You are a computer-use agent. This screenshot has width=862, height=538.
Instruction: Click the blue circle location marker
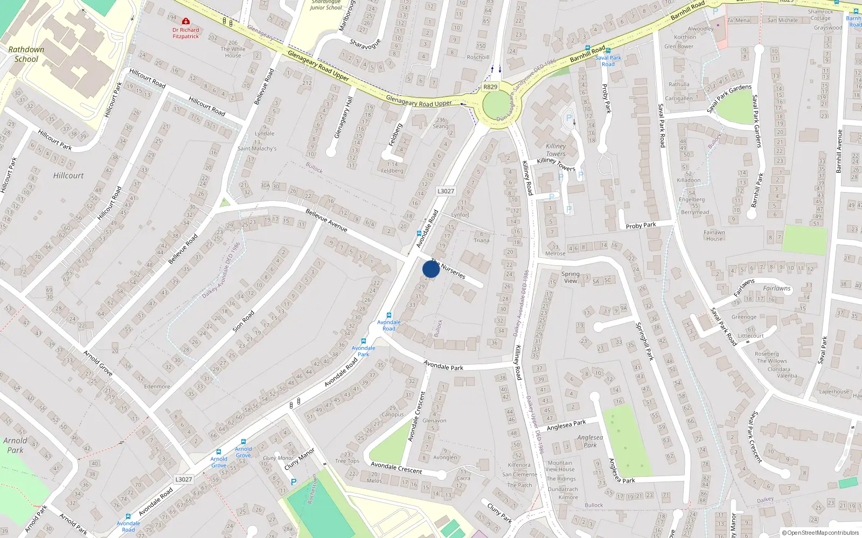click(431, 269)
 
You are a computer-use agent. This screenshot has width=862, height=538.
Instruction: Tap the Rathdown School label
click(26, 54)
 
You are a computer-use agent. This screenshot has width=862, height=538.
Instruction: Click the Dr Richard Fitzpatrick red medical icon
click(186, 21)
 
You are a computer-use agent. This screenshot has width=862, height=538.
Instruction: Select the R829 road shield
click(490, 87)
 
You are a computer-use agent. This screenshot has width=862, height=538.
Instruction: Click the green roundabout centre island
click(498, 105)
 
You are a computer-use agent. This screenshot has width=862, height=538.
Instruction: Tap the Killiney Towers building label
click(555, 150)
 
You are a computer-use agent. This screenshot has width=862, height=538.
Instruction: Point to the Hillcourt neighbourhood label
click(68, 175)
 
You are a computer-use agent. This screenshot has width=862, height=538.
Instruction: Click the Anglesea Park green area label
click(590, 441)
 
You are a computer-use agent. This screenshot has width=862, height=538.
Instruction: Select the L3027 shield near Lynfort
click(446, 191)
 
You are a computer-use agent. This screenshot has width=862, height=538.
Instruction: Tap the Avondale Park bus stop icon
click(364, 341)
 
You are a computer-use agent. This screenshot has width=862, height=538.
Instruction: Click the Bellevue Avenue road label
click(326, 220)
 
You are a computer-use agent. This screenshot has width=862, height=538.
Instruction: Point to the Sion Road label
click(243, 321)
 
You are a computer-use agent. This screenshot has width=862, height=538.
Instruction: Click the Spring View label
click(570, 277)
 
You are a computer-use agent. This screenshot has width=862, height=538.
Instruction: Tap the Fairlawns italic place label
click(776, 288)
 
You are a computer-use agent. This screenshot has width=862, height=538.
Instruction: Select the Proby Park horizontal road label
click(641, 225)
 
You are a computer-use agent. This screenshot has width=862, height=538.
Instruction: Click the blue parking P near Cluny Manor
click(294, 482)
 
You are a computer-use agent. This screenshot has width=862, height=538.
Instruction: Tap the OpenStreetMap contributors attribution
click(821, 533)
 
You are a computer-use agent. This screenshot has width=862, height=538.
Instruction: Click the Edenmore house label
click(157, 386)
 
